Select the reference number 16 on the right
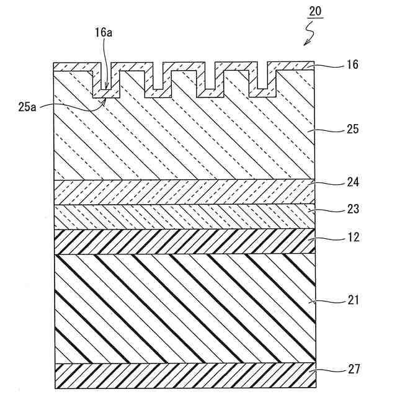(x=352, y=65)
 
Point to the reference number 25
(x=352, y=130)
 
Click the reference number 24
(x=352, y=182)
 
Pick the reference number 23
(x=352, y=209)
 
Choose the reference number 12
(x=352, y=237)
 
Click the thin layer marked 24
(x=186, y=192)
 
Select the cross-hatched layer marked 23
(x=186, y=217)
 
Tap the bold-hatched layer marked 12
(x=186, y=241)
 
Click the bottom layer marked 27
(x=186, y=376)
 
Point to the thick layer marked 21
(x=186, y=308)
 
